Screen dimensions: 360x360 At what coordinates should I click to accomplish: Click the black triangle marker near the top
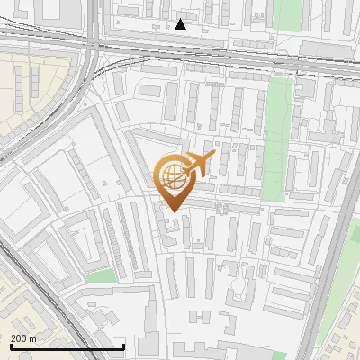181,24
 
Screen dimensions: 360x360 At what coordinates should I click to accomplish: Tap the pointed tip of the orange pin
175,211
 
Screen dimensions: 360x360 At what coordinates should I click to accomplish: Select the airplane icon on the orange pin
200,165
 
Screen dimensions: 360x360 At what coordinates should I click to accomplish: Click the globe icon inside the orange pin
173,177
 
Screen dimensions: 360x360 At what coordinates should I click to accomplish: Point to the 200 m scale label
23,337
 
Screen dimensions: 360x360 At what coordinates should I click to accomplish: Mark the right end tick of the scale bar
123,346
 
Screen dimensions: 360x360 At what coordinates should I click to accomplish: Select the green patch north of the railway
288,13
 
